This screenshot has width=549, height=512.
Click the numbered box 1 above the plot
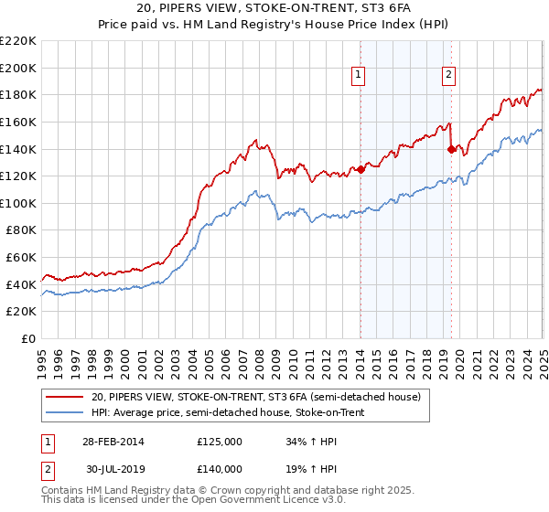coord(358,76)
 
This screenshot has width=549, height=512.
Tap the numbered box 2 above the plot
coord(449,76)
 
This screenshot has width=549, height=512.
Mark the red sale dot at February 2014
coord(361,168)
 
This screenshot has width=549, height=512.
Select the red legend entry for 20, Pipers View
coord(255,397)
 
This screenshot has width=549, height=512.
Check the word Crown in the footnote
coord(212,491)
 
